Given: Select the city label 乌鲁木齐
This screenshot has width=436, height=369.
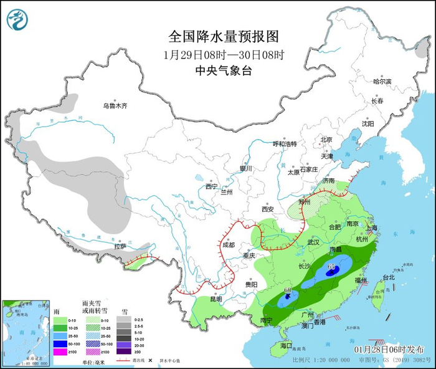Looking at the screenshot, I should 115,106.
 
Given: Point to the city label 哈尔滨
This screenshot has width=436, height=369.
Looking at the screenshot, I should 382,82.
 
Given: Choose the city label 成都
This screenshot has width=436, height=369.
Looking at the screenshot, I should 227,245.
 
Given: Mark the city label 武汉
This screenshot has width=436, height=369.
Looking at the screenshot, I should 313,242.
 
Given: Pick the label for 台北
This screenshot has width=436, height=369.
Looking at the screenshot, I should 388,277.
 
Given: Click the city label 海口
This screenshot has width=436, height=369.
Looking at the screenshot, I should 286,345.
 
